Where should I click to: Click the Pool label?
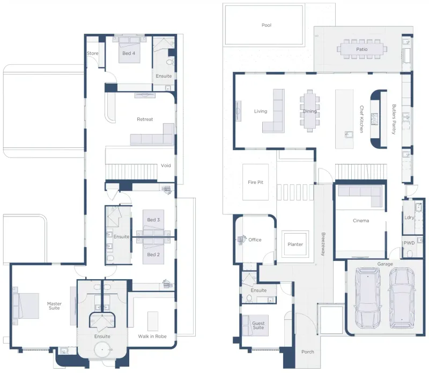tap(266, 25)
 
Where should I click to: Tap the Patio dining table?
tap(362, 49)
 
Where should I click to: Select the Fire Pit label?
tap(255, 182)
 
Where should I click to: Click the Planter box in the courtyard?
tap(295, 244)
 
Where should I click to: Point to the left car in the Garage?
tap(367, 297)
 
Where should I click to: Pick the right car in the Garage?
tap(402, 297)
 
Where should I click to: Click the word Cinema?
tap(361, 221)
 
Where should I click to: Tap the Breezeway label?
tap(323, 244)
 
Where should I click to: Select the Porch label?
tap(307, 352)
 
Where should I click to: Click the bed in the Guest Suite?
tap(255, 325)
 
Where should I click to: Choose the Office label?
tap(255, 240)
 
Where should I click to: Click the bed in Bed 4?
tap(129, 50)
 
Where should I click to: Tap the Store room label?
tap(92, 54)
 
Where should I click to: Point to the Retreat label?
tap(145, 119)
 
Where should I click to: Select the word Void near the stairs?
tap(166, 166)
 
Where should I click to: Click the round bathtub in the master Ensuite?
tap(102, 350)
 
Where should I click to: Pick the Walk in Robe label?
tap(152, 337)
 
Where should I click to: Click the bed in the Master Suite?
tap(25, 306)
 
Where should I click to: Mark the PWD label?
tap(409, 243)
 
